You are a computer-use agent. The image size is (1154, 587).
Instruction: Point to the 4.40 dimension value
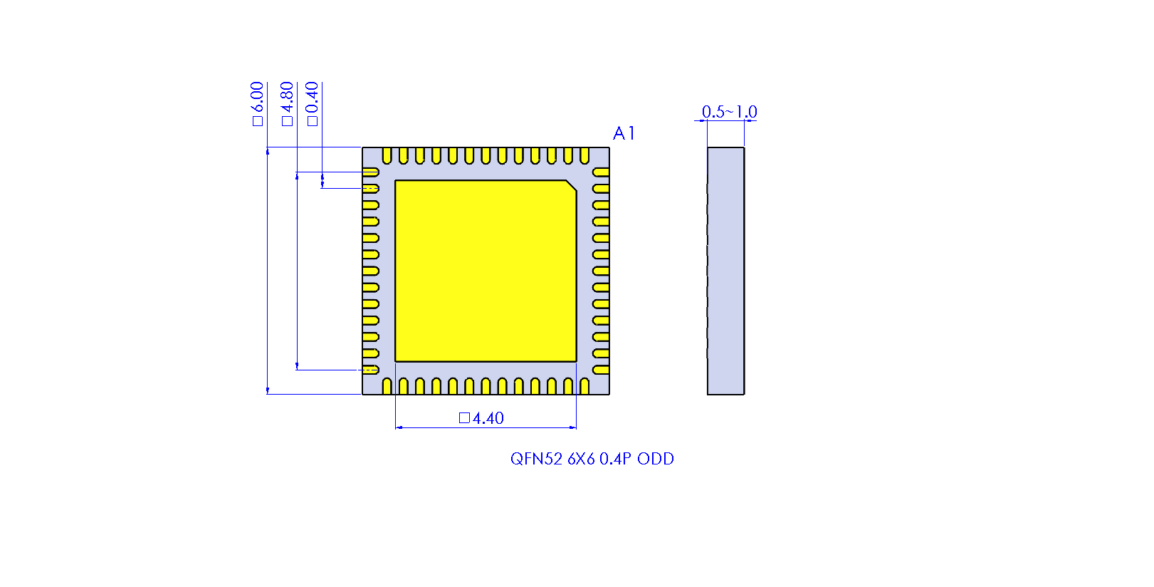[488, 418]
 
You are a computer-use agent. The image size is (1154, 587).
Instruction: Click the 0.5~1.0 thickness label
[729, 112]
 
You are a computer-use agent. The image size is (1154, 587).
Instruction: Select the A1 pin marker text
[624, 133]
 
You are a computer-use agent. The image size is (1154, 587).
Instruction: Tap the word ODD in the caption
[655, 459]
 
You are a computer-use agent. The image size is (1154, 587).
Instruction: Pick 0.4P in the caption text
[615, 459]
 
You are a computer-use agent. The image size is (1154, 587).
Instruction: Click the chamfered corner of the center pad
[571, 186]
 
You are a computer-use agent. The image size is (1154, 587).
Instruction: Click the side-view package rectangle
[725, 271]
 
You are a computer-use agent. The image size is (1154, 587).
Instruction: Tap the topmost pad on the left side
[370, 172]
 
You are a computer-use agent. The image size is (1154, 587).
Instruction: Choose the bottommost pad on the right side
[601, 370]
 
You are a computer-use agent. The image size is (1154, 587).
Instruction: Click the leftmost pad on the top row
[387, 155]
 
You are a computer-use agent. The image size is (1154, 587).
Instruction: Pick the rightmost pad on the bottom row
[584, 386]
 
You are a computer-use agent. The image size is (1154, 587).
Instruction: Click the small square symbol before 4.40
[464, 418]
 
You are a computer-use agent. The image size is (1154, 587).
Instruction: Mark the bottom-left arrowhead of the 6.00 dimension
[268, 390]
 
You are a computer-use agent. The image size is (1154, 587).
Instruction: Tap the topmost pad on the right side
[601, 172]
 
